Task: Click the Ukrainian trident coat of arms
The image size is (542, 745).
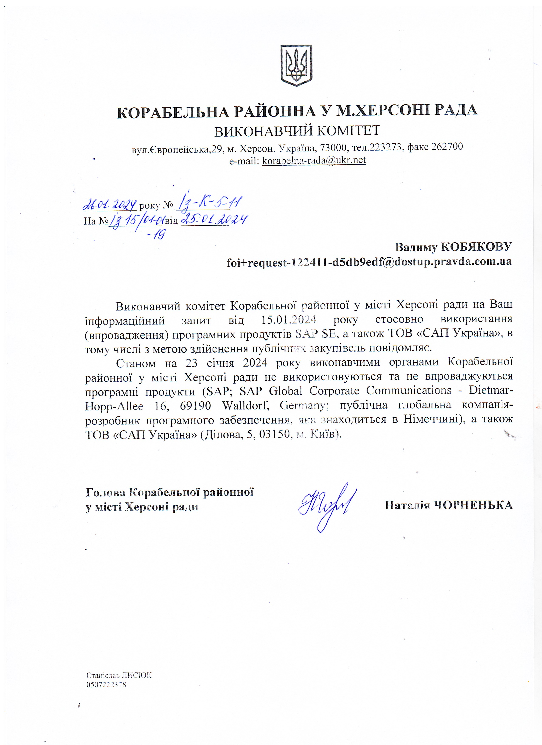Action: [296, 65]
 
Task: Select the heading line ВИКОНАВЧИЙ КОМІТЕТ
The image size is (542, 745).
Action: [297, 131]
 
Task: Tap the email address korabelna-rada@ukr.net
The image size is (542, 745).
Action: [314, 160]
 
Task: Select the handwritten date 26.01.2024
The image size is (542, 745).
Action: [110, 205]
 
